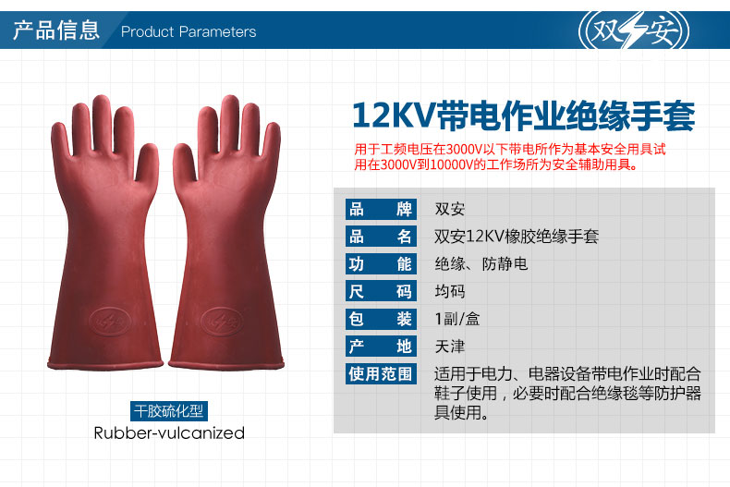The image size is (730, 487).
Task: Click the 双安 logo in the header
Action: [x=634, y=30]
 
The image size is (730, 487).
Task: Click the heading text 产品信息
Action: [x=55, y=30]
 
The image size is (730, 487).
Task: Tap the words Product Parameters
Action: [x=189, y=31]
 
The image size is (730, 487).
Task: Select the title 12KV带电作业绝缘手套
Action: [x=523, y=115]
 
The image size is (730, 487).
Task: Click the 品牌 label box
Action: [x=381, y=209]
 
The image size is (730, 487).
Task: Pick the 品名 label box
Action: [x=381, y=237]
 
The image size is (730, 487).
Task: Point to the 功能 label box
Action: [x=381, y=264]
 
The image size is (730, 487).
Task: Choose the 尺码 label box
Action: [x=381, y=291]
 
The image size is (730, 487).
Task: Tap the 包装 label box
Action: [x=381, y=319]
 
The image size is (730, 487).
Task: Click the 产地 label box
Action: [x=381, y=347]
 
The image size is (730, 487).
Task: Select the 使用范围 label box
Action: [x=381, y=374]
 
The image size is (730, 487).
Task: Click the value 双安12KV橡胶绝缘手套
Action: [x=517, y=237]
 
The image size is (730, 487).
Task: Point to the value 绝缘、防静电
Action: [x=481, y=264]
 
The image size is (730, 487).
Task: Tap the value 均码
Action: [x=450, y=291]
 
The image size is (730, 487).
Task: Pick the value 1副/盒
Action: [x=457, y=319]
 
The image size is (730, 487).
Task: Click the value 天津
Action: [x=450, y=347]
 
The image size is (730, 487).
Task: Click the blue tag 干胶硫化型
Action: [x=168, y=411]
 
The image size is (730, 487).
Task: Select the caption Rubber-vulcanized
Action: [x=169, y=433]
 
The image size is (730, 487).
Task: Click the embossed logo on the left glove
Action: [x=110, y=322]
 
